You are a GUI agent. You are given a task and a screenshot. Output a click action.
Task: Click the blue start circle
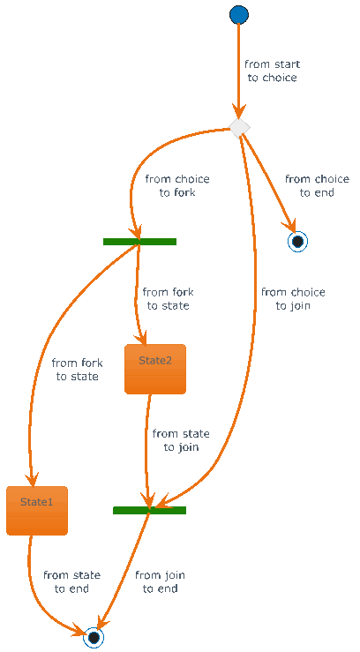point(239,14)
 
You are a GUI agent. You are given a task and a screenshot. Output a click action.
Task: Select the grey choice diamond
point(239,128)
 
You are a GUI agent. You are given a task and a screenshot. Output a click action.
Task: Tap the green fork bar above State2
point(139,242)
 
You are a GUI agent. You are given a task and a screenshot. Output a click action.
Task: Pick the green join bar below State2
point(150,510)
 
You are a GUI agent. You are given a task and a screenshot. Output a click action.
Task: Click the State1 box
point(37,510)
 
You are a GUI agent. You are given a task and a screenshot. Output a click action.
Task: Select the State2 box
point(155,369)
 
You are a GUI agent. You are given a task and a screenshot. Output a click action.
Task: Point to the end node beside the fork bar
point(297,241)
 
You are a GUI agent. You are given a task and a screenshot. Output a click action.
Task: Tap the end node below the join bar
point(94,637)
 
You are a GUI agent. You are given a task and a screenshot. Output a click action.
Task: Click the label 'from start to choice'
point(272,71)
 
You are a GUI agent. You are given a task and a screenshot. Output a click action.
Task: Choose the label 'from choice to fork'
point(177,186)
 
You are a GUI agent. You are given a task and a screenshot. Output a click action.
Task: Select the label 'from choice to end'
point(317,186)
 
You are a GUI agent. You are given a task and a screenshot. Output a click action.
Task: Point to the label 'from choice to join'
point(293,299)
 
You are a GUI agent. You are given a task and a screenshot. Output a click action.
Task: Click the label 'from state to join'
point(181,440)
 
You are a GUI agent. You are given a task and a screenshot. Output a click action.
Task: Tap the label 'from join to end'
point(160,581)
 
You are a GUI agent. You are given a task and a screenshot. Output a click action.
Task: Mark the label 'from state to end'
point(72,581)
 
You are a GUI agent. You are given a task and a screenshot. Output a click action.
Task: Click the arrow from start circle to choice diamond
point(238,71)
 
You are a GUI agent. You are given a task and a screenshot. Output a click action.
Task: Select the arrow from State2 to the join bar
point(146,451)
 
